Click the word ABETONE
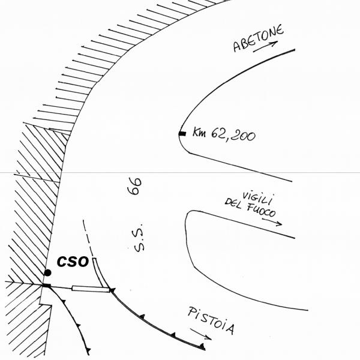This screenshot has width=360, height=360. click(258, 38)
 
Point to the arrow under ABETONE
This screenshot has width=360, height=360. click(265, 47)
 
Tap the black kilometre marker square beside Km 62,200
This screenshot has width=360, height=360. click(182, 134)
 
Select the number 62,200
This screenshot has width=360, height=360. click(233, 135)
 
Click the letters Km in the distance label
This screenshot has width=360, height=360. click(199, 132)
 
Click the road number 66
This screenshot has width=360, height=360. click(135, 186)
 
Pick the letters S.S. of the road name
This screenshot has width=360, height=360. click(139, 238)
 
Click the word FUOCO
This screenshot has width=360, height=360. click(262, 211)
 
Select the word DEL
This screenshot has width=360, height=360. click(233, 203)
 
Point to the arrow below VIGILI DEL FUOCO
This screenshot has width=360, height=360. click(272, 222)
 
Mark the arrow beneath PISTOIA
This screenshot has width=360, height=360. click(201, 334)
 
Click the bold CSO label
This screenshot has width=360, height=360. click(73, 261)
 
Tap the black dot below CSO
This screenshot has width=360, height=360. click(47, 273)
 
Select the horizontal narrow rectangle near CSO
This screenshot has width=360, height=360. click(91, 289)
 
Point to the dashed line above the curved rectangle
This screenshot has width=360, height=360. click(88, 239)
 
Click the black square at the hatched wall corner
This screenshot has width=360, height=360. click(47, 286)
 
